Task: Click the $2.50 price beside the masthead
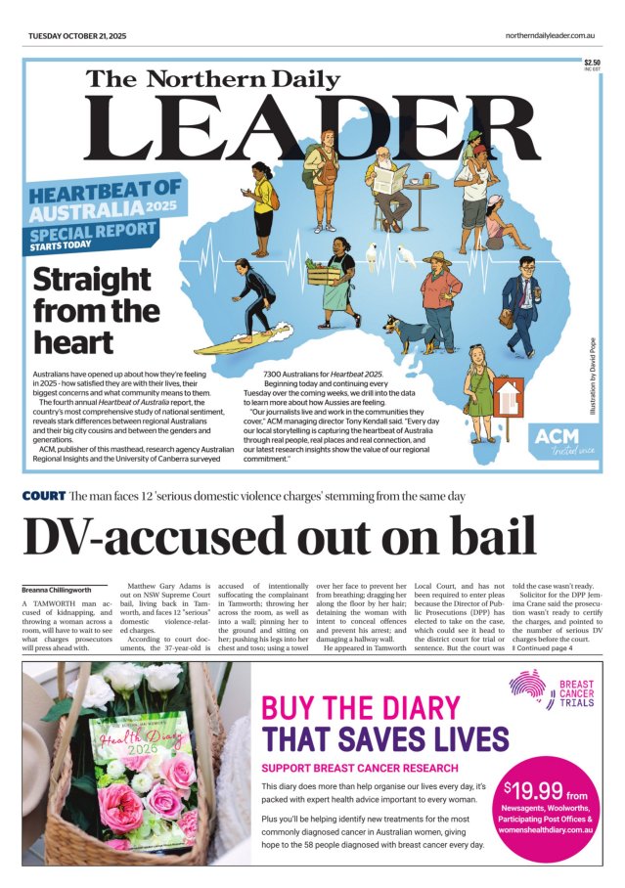pyautogui.click(x=591, y=63)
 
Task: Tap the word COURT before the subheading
pyautogui.click(x=43, y=497)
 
